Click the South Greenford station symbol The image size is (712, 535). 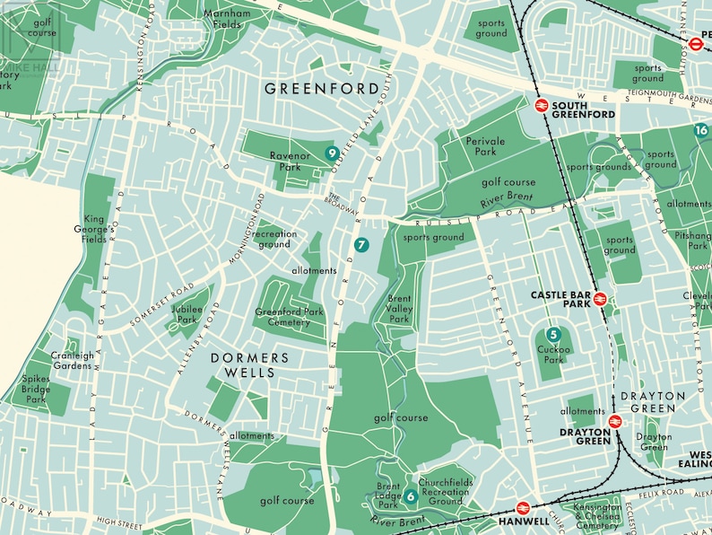pyautogui.click(x=542, y=105)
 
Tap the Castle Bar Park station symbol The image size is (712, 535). pyautogui.click(x=600, y=300)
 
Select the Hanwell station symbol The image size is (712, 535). pyautogui.click(x=524, y=508)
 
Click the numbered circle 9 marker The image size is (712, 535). pyautogui.click(x=332, y=153)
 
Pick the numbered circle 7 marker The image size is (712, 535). pyautogui.click(x=361, y=244)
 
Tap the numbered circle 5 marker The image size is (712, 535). pyautogui.click(x=552, y=334)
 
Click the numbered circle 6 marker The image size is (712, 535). pyautogui.click(x=410, y=496)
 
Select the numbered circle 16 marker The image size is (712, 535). pyautogui.click(x=701, y=130)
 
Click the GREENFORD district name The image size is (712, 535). pyautogui.click(x=308, y=89)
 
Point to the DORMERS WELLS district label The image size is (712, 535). pyautogui.click(x=251, y=364)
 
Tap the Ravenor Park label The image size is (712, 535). pyautogui.click(x=290, y=162)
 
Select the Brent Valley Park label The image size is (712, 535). pyautogui.click(x=398, y=309)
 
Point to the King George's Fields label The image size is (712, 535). pyautogui.click(x=95, y=230)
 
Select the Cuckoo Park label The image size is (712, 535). pyautogui.click(x=552, y=355)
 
